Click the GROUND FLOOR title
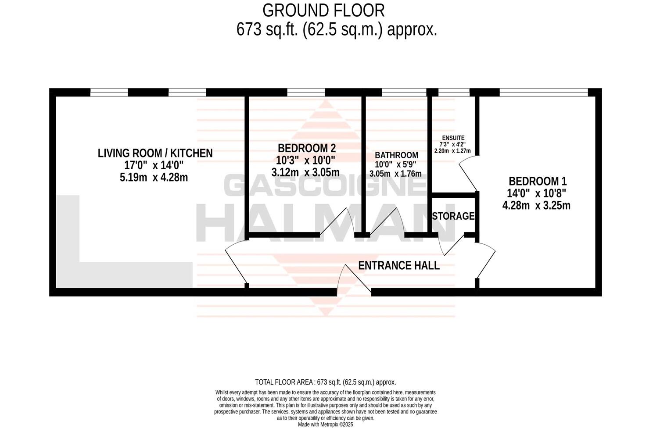[323, 10]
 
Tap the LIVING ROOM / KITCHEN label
[155, 153]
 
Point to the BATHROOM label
[396, 155]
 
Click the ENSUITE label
[453, 138]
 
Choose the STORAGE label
[453, 216]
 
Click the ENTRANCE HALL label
[398, 265]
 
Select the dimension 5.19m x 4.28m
[155, 177]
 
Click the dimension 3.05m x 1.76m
[395, 174]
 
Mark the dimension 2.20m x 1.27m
[452, 151]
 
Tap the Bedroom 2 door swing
[338, 221]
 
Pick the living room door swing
[235, 263]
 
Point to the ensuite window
[454, 92]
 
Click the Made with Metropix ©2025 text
[325, 424]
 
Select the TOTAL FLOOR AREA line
[325, 382]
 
